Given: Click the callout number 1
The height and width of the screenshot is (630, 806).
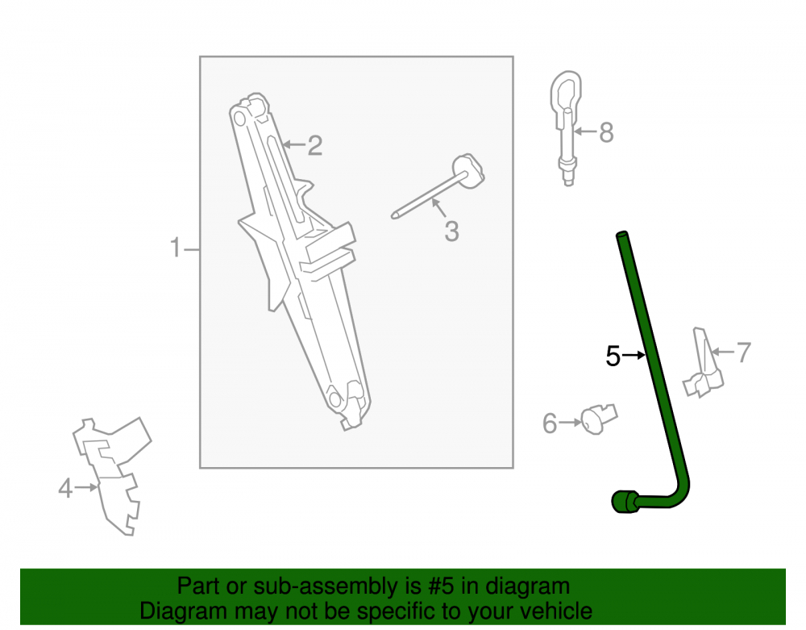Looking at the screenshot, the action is [175, 248].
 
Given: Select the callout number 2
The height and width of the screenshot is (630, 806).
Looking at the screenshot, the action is [315, 145].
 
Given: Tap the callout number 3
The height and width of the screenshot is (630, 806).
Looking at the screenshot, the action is [451, 232].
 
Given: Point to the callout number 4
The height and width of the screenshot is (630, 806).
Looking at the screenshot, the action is [65, 488].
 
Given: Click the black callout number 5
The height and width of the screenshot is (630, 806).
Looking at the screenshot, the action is [613, 356].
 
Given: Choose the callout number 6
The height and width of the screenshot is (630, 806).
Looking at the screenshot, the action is [550, 423].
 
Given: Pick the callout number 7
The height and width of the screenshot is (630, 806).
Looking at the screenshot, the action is [744, 353].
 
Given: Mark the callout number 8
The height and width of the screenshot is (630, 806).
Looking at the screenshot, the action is [607, 132].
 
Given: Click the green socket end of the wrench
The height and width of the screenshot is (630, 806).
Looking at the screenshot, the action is [624, 502].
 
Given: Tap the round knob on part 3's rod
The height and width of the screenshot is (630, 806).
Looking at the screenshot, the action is [468, 170].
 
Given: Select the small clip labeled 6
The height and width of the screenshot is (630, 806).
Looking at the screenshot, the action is [599, 419].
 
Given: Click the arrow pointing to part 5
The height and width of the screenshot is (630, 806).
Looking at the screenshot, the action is [634, 355].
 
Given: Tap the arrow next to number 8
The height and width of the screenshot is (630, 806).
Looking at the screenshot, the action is [586, 131].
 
